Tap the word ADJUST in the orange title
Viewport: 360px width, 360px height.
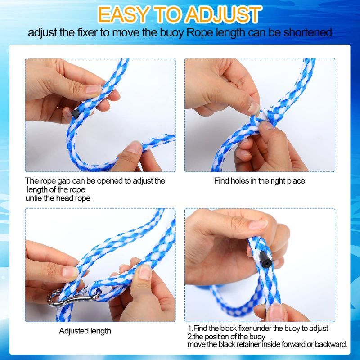point(223,14)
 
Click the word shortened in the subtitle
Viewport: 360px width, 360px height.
point(308,32)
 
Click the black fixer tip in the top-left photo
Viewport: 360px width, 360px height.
point(75,113)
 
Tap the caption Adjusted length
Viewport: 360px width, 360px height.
point(85,331)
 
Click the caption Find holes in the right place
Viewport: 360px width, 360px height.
point(260,181)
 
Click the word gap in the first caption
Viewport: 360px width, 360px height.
point(64,181)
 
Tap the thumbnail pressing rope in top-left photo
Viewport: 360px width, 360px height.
point(93,89)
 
